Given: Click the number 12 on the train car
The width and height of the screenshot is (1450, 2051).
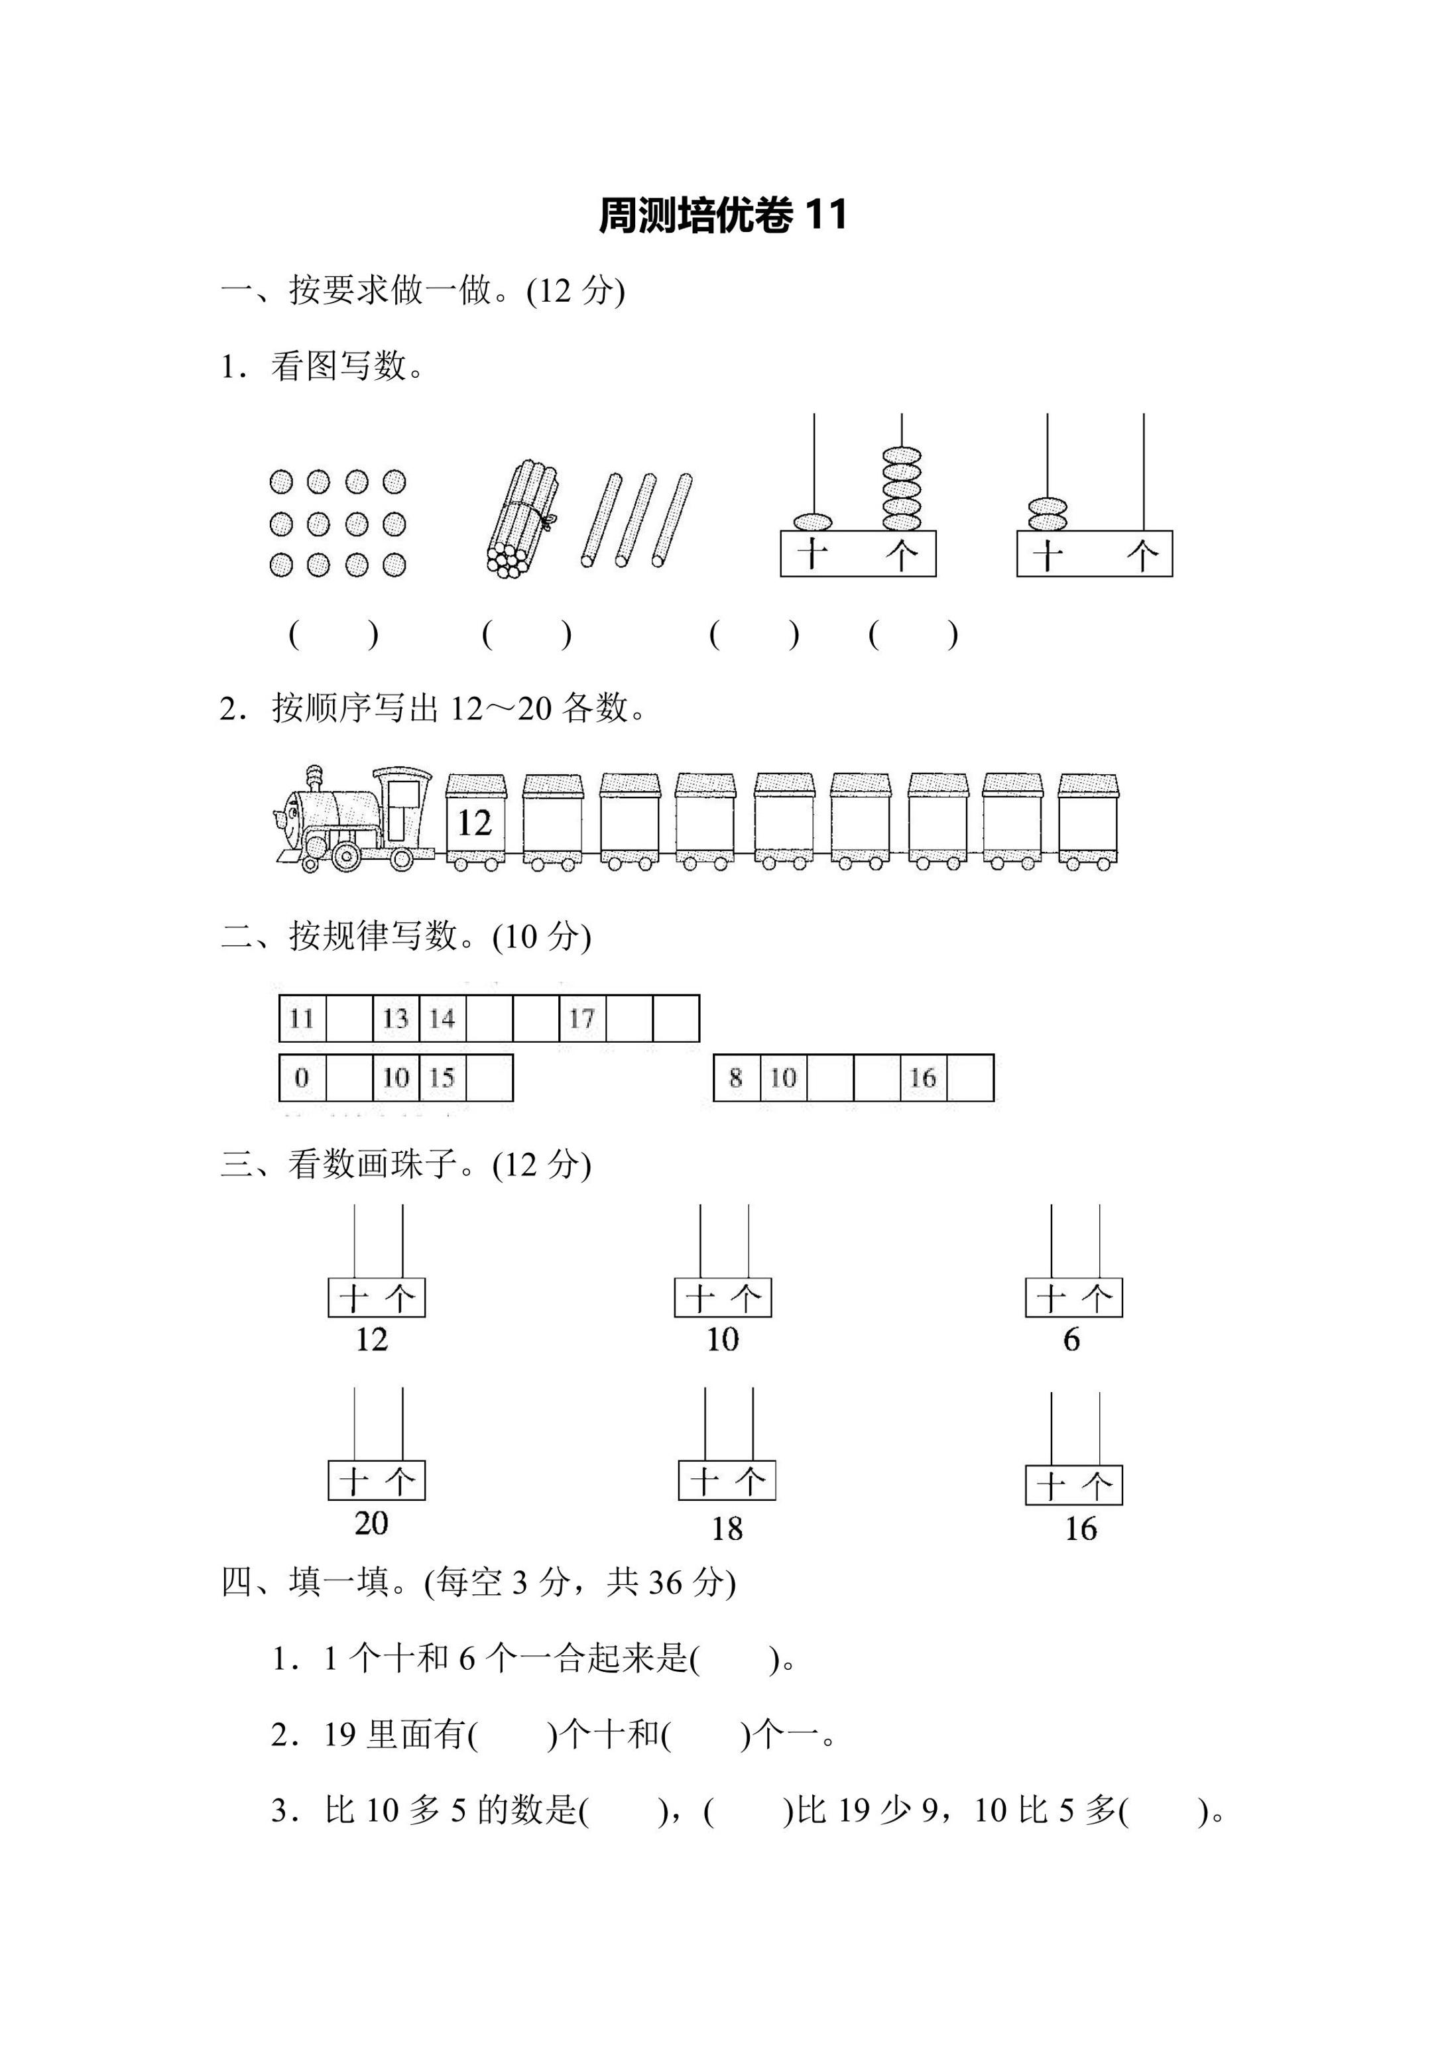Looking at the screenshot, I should [475, 823].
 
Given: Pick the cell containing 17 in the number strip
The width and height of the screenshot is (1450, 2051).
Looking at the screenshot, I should [581, 1018].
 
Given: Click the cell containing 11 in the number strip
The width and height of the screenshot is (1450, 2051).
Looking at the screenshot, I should [302, 1018].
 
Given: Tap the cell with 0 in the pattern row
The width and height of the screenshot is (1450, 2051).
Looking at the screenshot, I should [302, 1077].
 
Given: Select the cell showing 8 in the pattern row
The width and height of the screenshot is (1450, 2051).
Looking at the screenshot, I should [735, 1077].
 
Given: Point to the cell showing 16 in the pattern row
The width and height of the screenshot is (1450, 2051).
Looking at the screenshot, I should [922, 1077].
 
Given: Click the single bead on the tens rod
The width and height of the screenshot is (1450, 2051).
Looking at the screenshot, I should [812, 521].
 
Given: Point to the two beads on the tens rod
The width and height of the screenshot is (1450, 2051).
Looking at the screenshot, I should [1047, 514].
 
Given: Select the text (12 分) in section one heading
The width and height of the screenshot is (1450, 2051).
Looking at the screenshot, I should [575, 290].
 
